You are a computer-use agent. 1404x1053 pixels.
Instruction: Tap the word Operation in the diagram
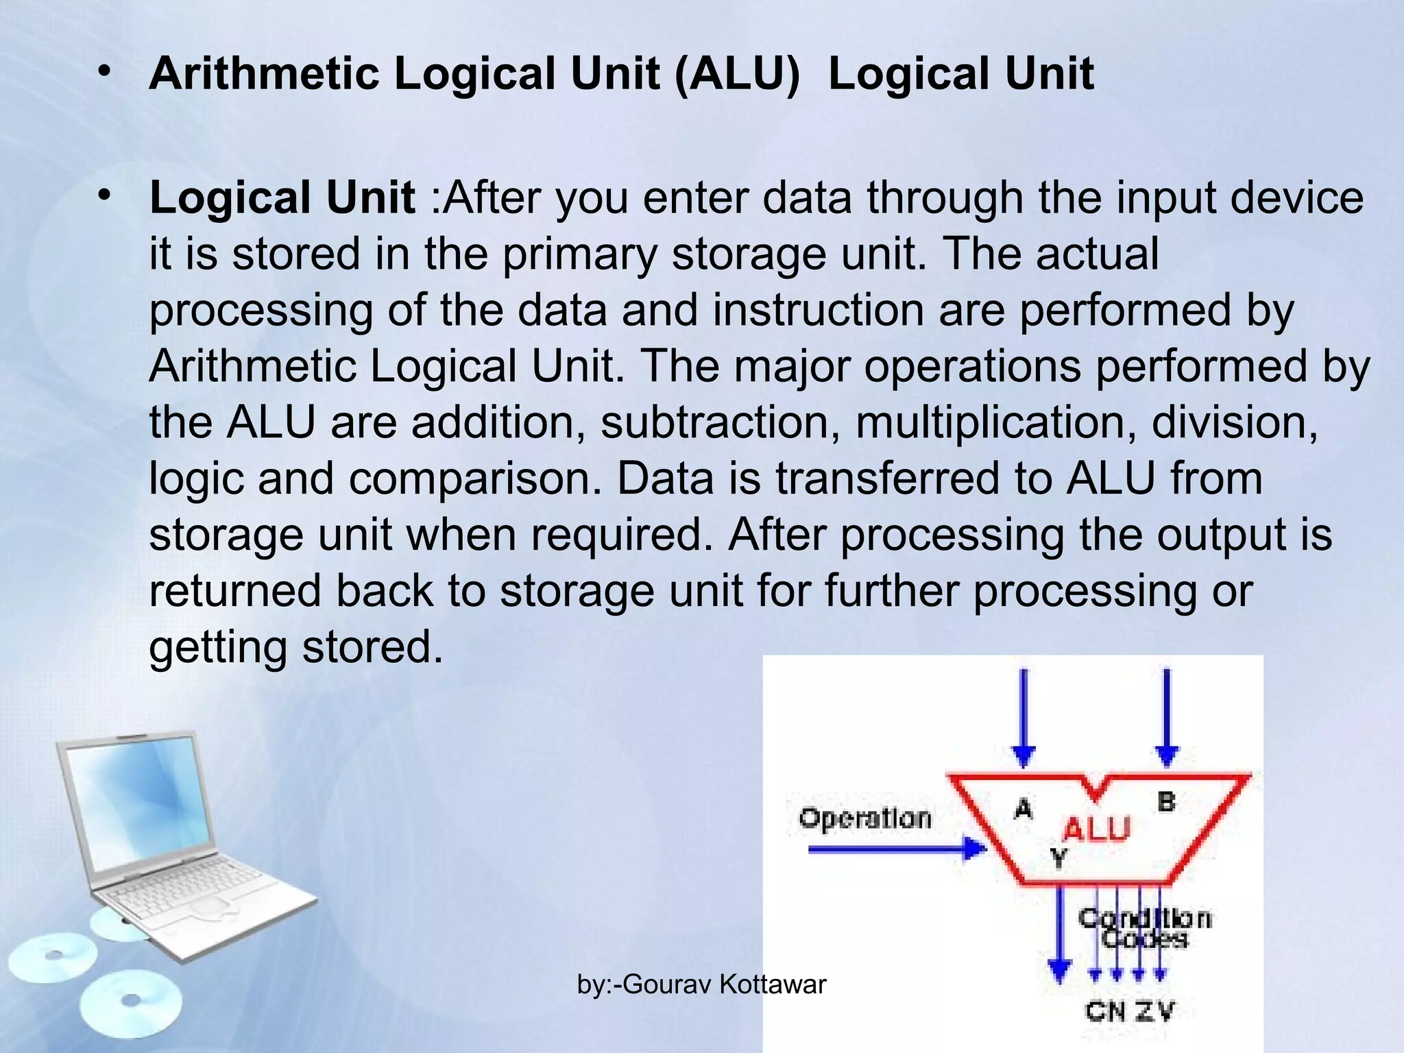tap(865, 819)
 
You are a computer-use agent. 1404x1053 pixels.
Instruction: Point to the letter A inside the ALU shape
tap(1023, 809)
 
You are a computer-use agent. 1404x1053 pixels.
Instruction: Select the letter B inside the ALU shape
tap(1166, 801)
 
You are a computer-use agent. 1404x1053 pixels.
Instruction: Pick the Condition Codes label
tap(1144, 928)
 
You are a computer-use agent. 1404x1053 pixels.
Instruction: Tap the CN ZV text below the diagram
tap(1130, 1010)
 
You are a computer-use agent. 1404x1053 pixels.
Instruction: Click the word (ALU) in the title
tap(738, 73)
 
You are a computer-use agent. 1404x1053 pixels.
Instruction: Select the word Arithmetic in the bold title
tap(265, 73)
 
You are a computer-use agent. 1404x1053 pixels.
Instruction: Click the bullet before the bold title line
tap(104, 71)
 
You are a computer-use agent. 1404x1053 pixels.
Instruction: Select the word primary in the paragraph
tap(580, 254)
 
